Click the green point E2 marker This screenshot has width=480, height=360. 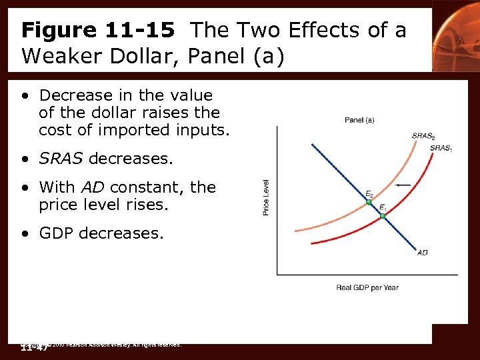pyautogui.click(x=369, y=202)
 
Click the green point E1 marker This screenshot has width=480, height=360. pyautogui.click(x=383, y=216)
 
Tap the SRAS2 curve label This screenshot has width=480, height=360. pyautogui.click(x=423, y=136)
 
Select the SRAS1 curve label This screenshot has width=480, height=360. pyautogui.click(x=441, y=148)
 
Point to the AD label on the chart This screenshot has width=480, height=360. pyautogui.click(x=422, y=253)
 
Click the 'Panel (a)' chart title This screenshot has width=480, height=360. pyautogui.click(x=359, y=120)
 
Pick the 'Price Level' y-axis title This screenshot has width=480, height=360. pyautogui.click(x=267, y=197)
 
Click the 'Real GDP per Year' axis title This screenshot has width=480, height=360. pyautogui.click(x=367, y=287)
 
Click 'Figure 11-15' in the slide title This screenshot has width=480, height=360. pyautogui.click(x=98, y=30)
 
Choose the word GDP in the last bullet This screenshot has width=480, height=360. pyautogui.click(x=58, y=233)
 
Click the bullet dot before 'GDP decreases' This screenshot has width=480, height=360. pyautogui.click(x=25, y=234)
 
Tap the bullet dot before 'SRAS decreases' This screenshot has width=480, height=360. pyautogui.click(x=25, y=159)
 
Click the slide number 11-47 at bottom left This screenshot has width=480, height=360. pyautogui.click(x=33, y=347)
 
